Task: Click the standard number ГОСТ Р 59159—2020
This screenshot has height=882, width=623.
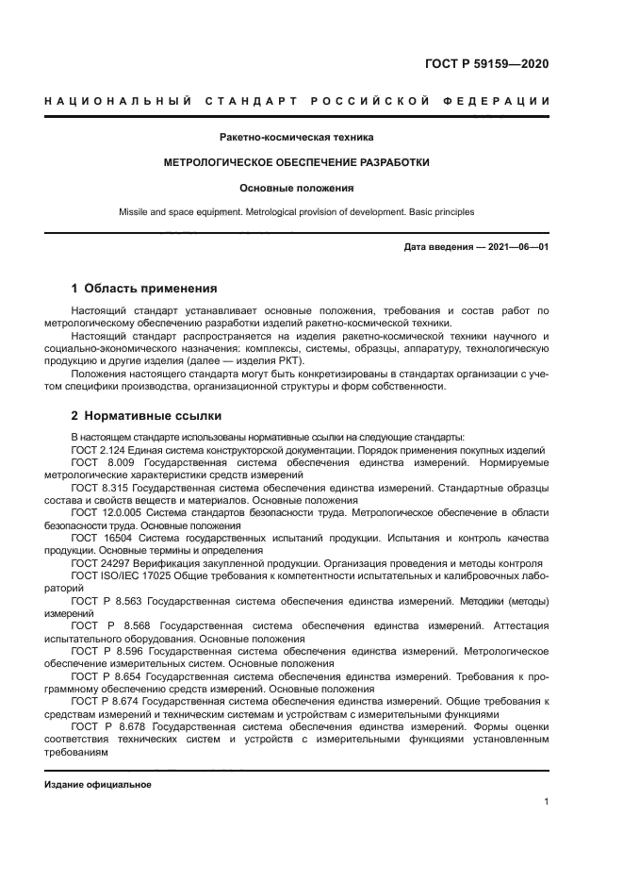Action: (487, 64)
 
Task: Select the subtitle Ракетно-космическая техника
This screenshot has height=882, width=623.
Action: (296, 138)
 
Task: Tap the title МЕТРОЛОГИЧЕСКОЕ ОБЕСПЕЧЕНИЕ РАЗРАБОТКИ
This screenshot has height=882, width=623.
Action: (296, 162)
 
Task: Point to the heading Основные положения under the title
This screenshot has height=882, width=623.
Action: (296, 188)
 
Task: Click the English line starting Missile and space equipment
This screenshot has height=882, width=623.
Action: (296, 212)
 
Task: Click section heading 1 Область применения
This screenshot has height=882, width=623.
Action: (144, 288)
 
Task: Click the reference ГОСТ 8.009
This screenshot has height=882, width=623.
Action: (101, 463)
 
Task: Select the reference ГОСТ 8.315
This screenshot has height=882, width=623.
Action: (101, 488)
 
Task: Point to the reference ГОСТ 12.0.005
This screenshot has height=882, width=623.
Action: (107, 512)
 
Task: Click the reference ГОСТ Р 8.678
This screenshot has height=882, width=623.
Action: (110, 727)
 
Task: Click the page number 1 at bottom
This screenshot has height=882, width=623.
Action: (546, 802)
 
